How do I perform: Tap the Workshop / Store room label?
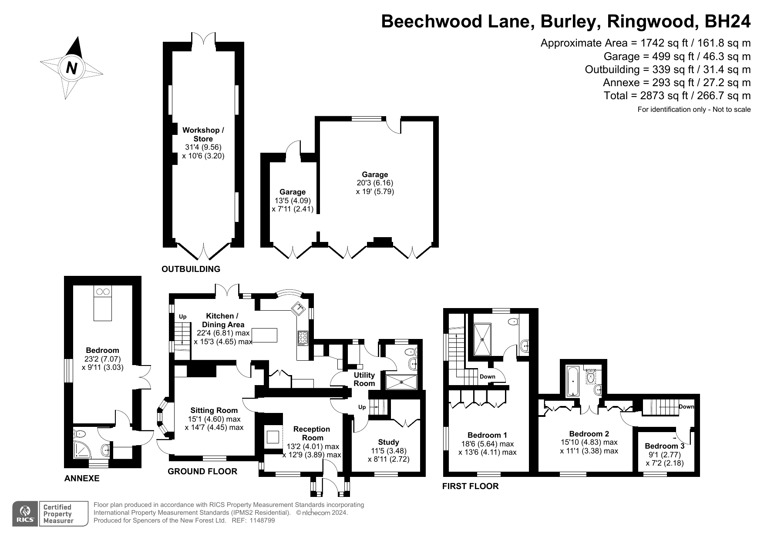203,134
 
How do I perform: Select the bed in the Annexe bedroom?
103,303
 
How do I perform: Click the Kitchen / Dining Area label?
223,320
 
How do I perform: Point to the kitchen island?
265,335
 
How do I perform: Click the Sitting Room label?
214,410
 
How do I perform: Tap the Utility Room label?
364,379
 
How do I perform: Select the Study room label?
389,442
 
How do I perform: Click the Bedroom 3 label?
664,446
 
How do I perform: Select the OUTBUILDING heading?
191,269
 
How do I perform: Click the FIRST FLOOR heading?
471,486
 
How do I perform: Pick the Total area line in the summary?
677,95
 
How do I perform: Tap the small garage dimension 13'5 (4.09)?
293,201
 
